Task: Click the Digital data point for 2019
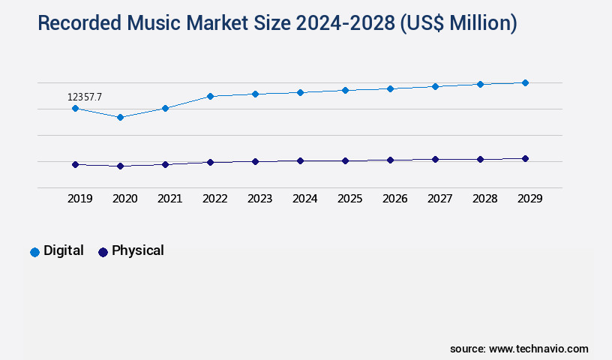coord(75,108)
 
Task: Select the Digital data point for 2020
coord(120,117)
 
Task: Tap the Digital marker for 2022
coord(210,96)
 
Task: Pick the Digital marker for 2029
coord(525,82)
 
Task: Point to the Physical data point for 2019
coord(75,164)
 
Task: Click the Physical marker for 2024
coord(300,160)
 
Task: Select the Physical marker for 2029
coord(525,158)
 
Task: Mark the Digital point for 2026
coord(390,88)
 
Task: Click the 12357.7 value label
coord(85,97)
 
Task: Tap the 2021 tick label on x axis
coord(169,199)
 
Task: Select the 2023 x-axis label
coord(259,199)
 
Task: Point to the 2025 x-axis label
coord(349,199)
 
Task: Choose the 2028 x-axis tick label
coord(484,199)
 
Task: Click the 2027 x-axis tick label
coord(439,199)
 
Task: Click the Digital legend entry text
coord(64,250)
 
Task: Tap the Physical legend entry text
coord(137,250)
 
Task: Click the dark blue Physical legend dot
coord(103,252)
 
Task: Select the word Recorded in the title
coord(82,23)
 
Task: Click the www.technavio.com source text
coord(538,349)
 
